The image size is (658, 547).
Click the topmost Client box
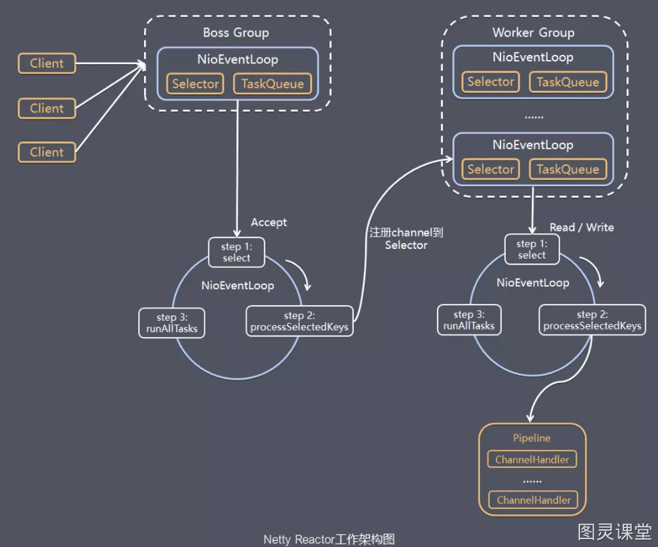[x=47, y=63]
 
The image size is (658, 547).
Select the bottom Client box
[x=47, y=152]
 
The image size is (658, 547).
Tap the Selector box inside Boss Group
[x=195, y=84]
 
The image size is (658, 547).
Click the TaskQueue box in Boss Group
[x=272, y=84]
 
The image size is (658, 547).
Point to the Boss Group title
[x=236, y=33]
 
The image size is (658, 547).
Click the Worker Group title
[x=533, y=33]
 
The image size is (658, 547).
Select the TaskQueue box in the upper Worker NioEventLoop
[x=568, y=82]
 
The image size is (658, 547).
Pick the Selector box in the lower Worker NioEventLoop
[x=491, y=169]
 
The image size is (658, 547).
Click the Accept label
[x=269, y=222]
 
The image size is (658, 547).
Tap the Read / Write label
[x=581, y=227]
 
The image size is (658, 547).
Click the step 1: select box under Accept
[x=237, y=252]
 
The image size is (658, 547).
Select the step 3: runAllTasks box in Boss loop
[x=171, y=323]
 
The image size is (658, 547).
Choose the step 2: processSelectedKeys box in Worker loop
[x=592, y=320]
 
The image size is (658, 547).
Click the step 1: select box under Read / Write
[x=532, y=250]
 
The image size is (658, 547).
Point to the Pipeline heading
[x=532, y=438]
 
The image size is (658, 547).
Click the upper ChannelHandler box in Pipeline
[x=532, y=459]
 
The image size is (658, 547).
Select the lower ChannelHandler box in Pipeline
[x=533, y=500]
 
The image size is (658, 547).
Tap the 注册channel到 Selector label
[x=406, y=239]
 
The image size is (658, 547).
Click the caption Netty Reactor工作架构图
[x=329, y=539]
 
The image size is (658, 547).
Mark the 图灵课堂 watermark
[x=614, y=532]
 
